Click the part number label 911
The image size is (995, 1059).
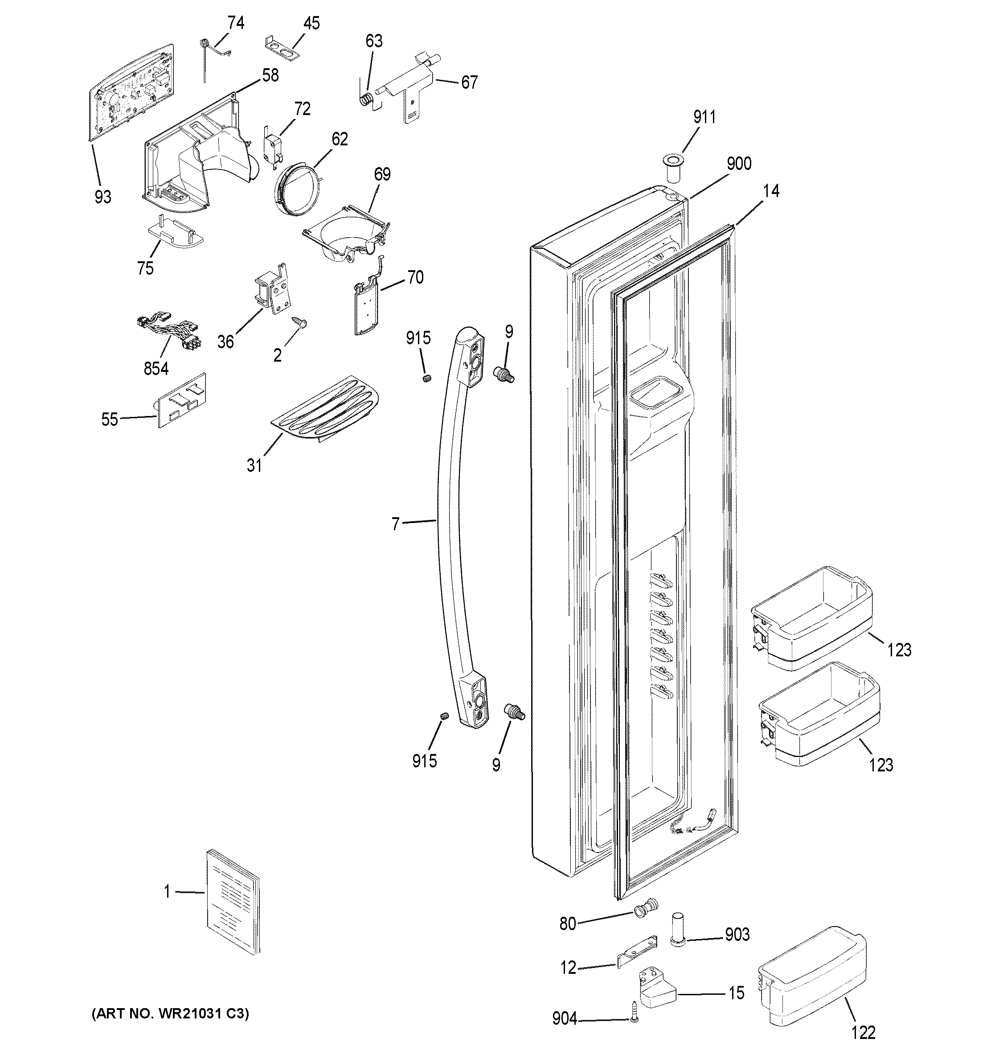coord(704,117)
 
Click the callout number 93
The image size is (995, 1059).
coord(103,197)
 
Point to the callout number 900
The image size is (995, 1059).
coord(738,164)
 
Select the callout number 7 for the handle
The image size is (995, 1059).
coord(395,524)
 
